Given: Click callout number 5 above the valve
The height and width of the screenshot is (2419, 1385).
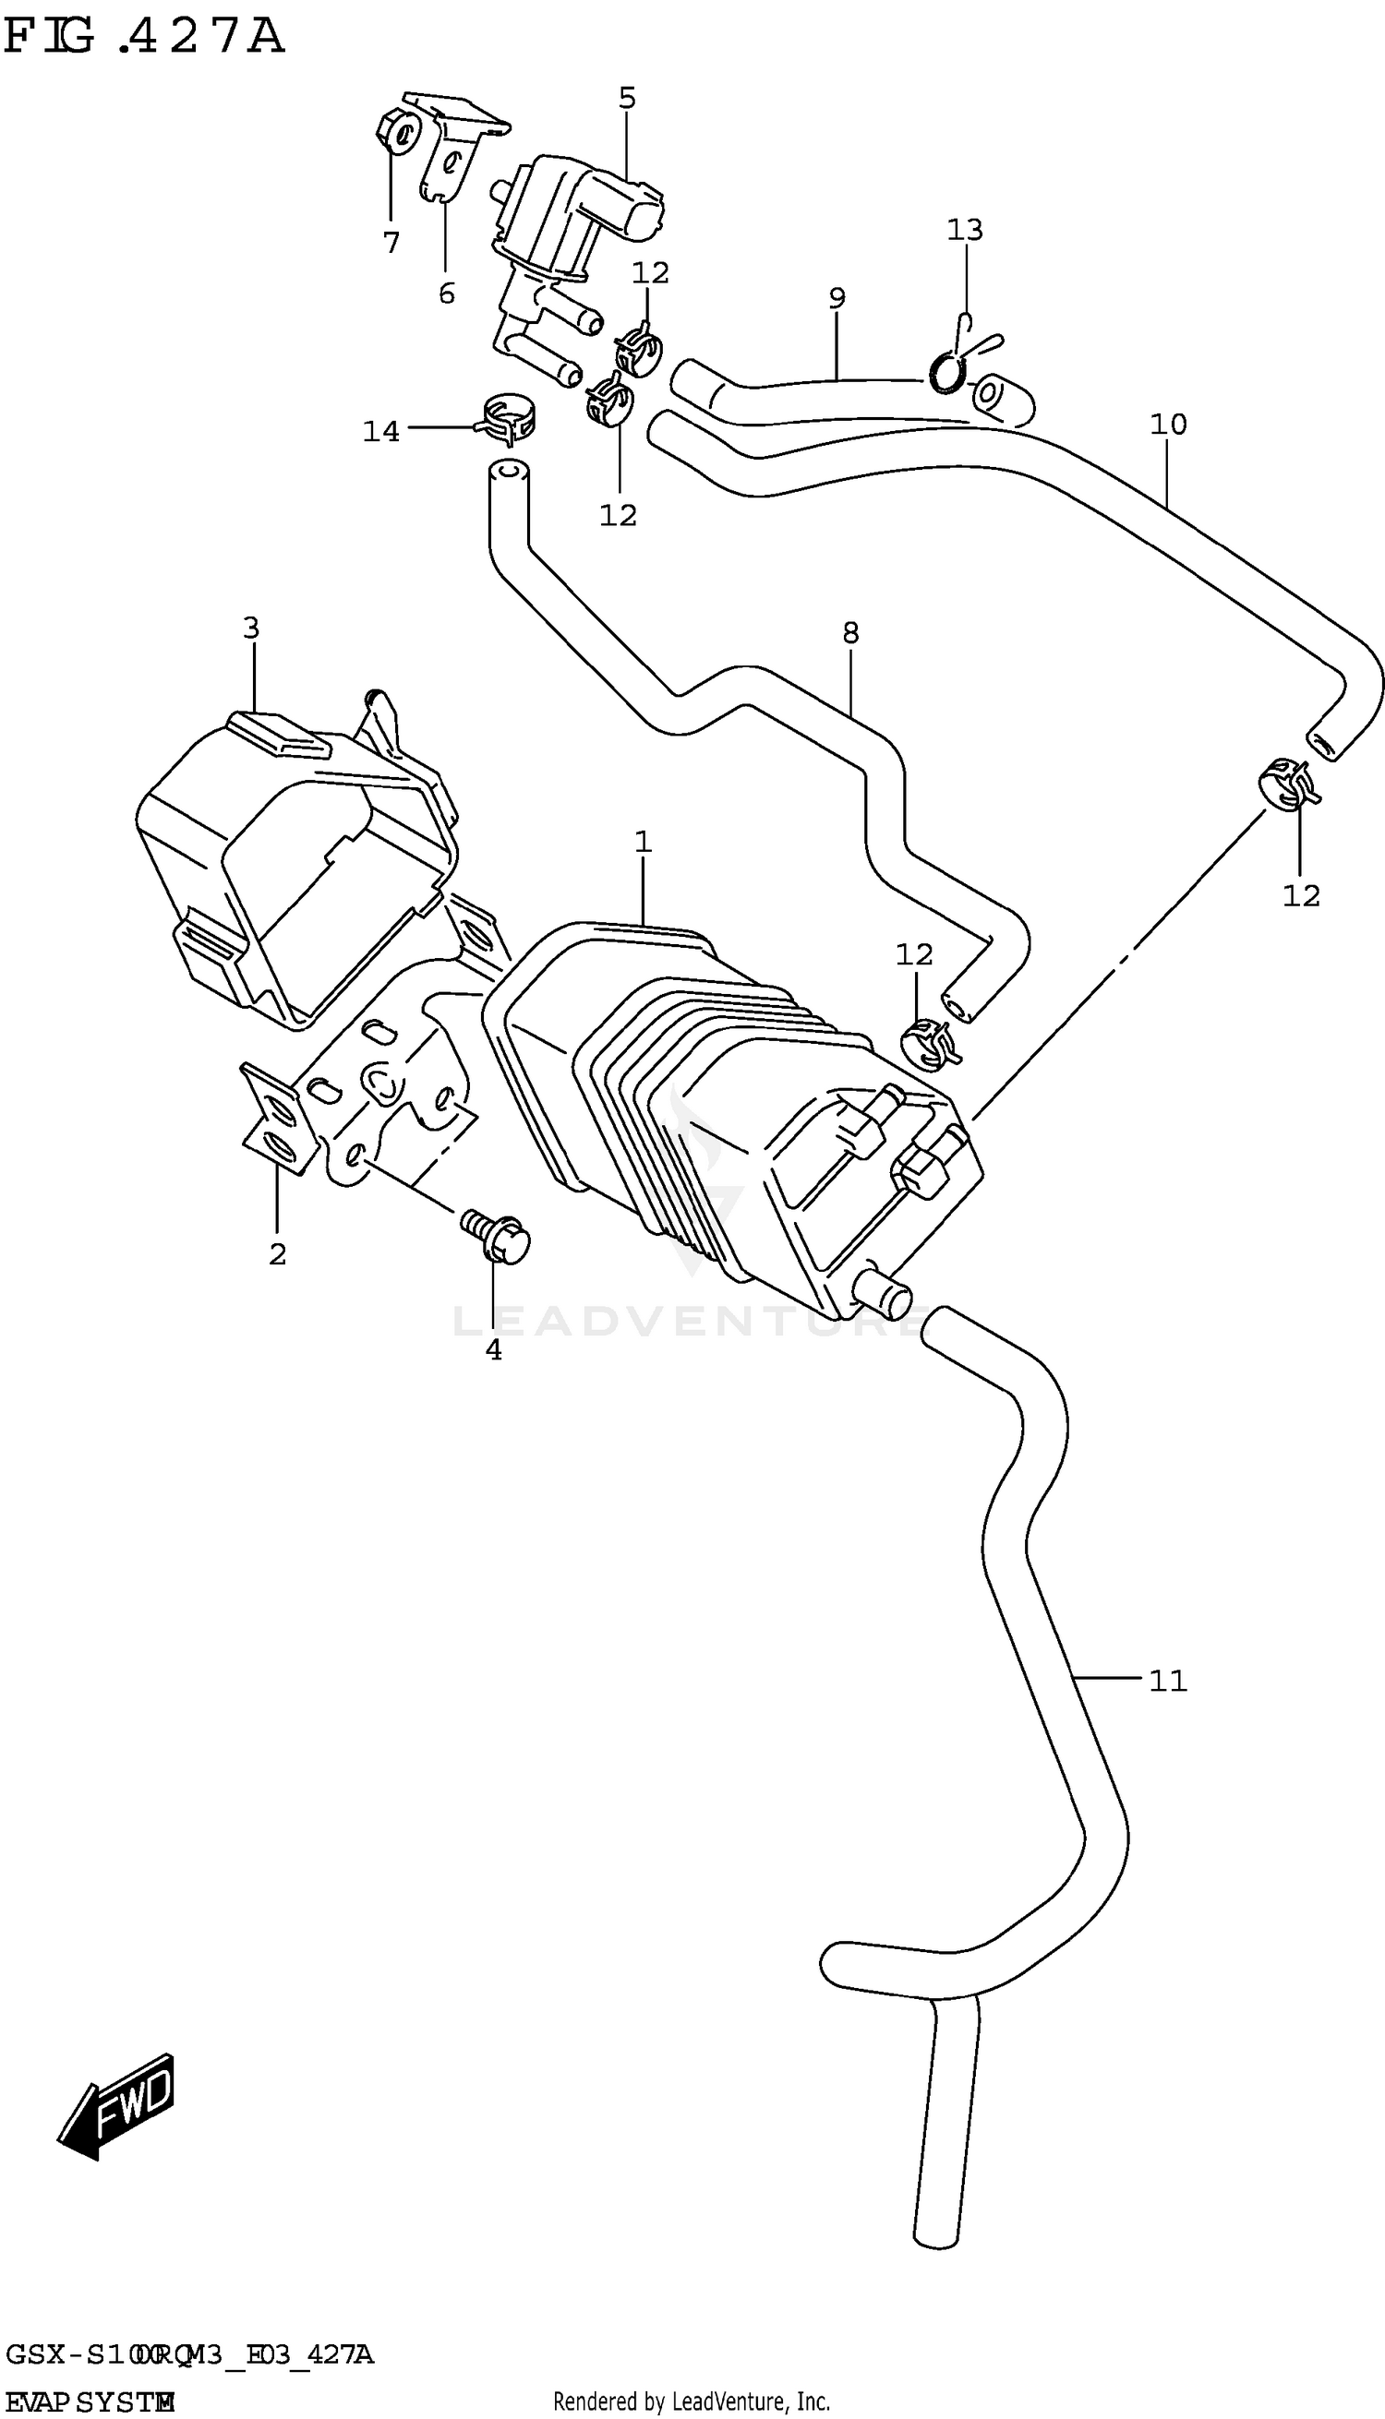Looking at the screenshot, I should pyautogui.click(x=627, y=98).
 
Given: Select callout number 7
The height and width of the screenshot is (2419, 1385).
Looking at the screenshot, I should pyautogui.click(x=391, y=244).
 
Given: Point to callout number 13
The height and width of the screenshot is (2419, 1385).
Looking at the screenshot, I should pyautogui.click(x=964, y=229).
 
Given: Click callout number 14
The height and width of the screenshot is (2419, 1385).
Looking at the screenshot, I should pyautogui.click(x=380, y=432).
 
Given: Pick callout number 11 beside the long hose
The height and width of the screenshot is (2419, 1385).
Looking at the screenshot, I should pyautogui.click(x=1167, y=1680).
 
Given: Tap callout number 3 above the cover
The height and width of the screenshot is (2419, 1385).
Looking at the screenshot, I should pyautogui.click(x=250, y=628).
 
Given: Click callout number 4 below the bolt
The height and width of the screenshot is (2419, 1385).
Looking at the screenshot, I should pyautogui.click(x=493, y=1349).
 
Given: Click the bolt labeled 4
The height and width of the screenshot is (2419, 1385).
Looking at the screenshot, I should pyautogui.click(x=496, y=1236).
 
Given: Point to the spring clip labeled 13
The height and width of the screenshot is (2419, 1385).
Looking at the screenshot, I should pyautogui.click(x=955, y=363).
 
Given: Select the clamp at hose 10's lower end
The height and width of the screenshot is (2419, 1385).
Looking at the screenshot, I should pyautogui.click(x=1288, y=784).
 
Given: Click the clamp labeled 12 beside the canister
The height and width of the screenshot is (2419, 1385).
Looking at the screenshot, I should pyautogui.click(x=926, y=1043).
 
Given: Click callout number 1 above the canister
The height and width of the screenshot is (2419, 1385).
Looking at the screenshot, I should pyautogui.click(x=643, y=842).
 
